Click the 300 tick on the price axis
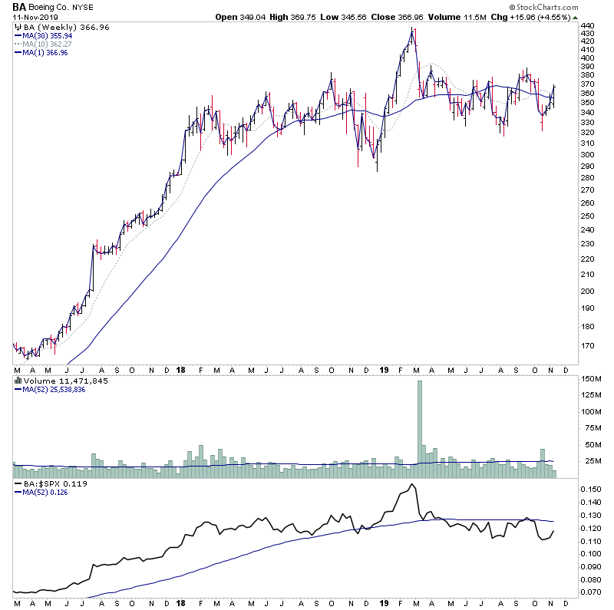point(587,154)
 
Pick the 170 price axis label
point(587,345)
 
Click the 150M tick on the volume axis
point(590,379)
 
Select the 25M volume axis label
point(590,460)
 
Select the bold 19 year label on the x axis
point(385,369)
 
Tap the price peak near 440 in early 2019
point(414,29)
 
